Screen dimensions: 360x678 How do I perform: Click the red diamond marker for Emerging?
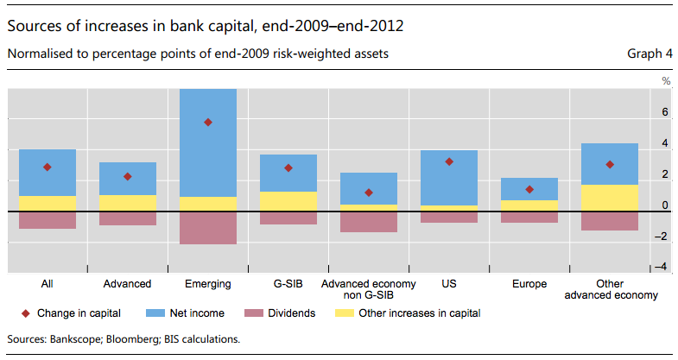point(207,123)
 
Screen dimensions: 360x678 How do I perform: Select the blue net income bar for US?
point(449,177)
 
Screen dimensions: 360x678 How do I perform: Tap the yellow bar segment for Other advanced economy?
point(610,198)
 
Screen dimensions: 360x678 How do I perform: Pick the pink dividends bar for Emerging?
point(207,228)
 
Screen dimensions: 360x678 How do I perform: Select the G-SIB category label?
point(288,283)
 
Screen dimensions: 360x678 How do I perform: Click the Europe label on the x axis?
point(529,283)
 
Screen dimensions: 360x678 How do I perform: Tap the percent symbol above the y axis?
point(666,81)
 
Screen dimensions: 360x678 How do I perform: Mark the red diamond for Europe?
point(529,190)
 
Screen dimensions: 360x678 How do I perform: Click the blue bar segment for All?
point(47,173)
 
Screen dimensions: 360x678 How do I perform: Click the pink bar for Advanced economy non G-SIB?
point(369,222)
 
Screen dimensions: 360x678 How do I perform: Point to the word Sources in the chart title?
point(39,25)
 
